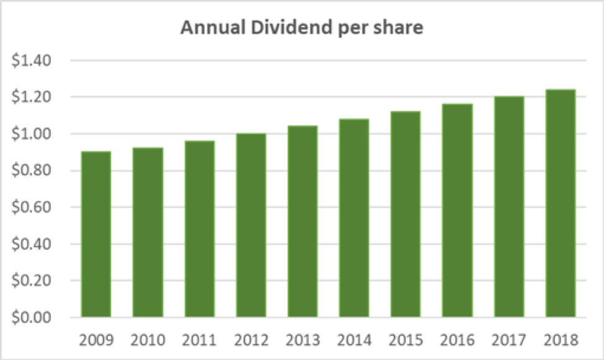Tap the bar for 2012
251,226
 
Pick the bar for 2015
406,214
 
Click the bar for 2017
509,207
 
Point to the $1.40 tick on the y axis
37,61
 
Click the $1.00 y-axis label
37,134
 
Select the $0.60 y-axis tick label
37,208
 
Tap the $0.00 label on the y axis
37,318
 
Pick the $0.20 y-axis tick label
37,281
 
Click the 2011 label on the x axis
199,340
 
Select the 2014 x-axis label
354,340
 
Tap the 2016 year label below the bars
457,340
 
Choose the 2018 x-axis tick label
561,340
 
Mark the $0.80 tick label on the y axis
37,171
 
